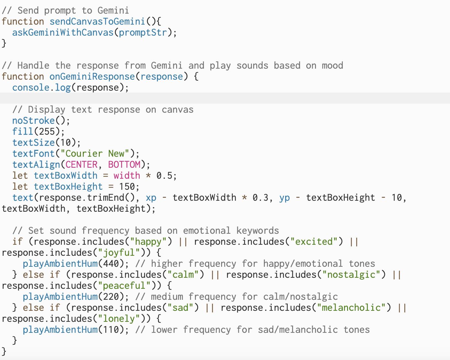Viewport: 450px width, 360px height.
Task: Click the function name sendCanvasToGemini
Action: tap(97, 22)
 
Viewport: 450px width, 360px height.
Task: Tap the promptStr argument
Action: tap(143, 33)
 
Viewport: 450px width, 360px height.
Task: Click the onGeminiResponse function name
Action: tap(92, 77)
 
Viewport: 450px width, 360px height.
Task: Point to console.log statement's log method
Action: tap(63, 88)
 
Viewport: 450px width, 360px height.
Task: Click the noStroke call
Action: tap(34, 121)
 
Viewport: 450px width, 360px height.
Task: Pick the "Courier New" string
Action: tap(95, 154)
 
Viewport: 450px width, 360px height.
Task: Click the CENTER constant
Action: tap(81, 165)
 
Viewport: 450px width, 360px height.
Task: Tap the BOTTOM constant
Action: tap(124, 165)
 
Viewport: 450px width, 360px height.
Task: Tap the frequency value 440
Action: tap(111, 264)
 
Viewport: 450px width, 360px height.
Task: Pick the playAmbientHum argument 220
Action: tap(111, 297)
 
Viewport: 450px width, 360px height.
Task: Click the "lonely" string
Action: tap(119, 319)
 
